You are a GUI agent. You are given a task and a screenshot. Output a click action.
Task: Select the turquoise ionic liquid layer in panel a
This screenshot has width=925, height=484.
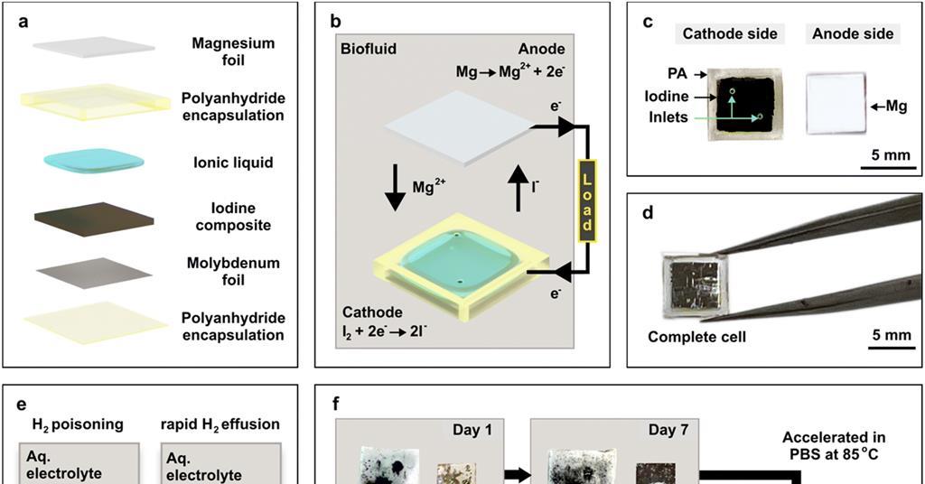94,161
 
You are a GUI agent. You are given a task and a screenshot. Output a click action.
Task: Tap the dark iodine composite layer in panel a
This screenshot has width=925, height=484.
88,219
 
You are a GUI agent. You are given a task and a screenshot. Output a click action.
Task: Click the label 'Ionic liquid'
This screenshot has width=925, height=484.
233,163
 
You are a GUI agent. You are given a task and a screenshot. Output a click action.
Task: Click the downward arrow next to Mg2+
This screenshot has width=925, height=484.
395,189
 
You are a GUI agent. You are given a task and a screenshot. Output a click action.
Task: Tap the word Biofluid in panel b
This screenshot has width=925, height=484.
369,50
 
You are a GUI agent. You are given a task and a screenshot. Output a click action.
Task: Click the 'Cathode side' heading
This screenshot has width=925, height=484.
729,34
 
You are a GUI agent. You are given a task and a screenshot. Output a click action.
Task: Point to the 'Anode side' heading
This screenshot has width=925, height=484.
853,34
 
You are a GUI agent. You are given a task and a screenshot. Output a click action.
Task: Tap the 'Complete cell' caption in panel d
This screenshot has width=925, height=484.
696,338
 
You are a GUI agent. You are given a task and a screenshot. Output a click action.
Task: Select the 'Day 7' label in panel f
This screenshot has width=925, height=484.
668,430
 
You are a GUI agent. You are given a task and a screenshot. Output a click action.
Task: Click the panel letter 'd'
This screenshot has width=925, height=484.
647,216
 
